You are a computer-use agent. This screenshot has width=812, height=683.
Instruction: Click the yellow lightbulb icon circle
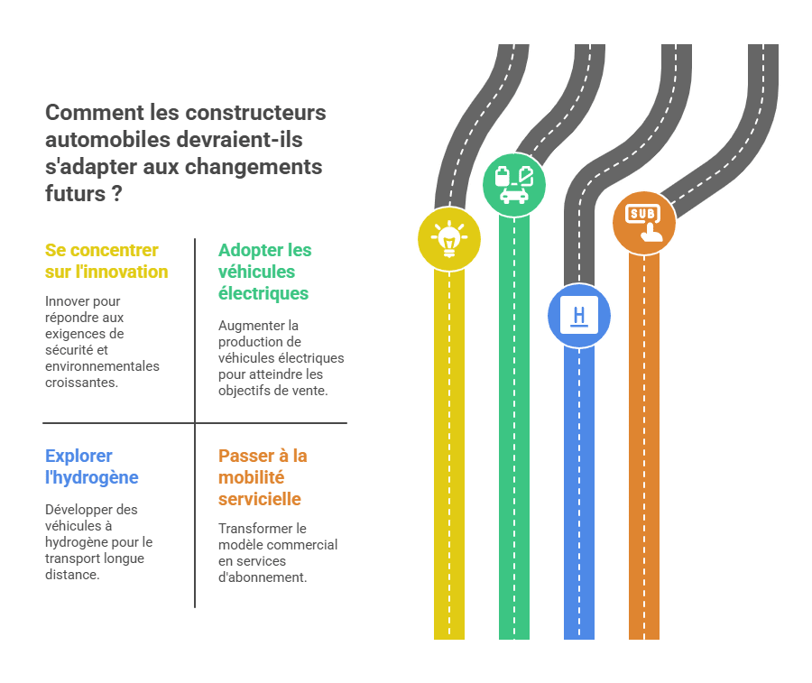pyautogui.click(x=449, y=239)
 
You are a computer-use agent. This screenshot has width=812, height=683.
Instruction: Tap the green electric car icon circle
pyautogui.click(x=514, y=184)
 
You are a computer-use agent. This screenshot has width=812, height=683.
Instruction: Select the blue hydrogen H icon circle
pyautogui.click(x=579, y=315)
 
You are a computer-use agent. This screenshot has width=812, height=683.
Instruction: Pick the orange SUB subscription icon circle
pyautogui.click(x=644, y=223)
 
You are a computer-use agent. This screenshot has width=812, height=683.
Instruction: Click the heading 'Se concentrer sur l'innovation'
pyautogui.click(x=106, y=261)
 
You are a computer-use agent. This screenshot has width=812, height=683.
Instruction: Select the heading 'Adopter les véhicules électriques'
pyautogui.click(x=264, y=272)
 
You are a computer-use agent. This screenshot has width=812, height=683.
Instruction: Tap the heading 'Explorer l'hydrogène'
pyautogui.click(x=92, y=466)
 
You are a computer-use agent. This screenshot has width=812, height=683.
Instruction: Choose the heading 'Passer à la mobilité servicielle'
pyautogui.click(x=263, y=477)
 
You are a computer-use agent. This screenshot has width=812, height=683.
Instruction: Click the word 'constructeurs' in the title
pyautogui.click(x=256, y=113)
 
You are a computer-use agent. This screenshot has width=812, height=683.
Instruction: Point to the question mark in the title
pyautogui.click(x=117, y=194)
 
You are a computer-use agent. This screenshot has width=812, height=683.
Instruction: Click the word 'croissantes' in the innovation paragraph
pyautogui.click(x=80, y=383)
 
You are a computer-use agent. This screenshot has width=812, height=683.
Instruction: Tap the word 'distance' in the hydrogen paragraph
pyautogui.click(x=70, y=575)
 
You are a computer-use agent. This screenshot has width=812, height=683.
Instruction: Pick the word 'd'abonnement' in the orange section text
pyautogui.click(x=261, y=577)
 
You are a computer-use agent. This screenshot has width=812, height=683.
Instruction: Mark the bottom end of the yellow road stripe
pyautogui.click(x=449, y=639)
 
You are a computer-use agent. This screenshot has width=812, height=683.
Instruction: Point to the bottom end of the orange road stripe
pyautogui.click(x=644, y=639)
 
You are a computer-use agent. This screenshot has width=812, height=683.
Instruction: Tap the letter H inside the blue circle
pyautogui.click(x=579, y=315)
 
